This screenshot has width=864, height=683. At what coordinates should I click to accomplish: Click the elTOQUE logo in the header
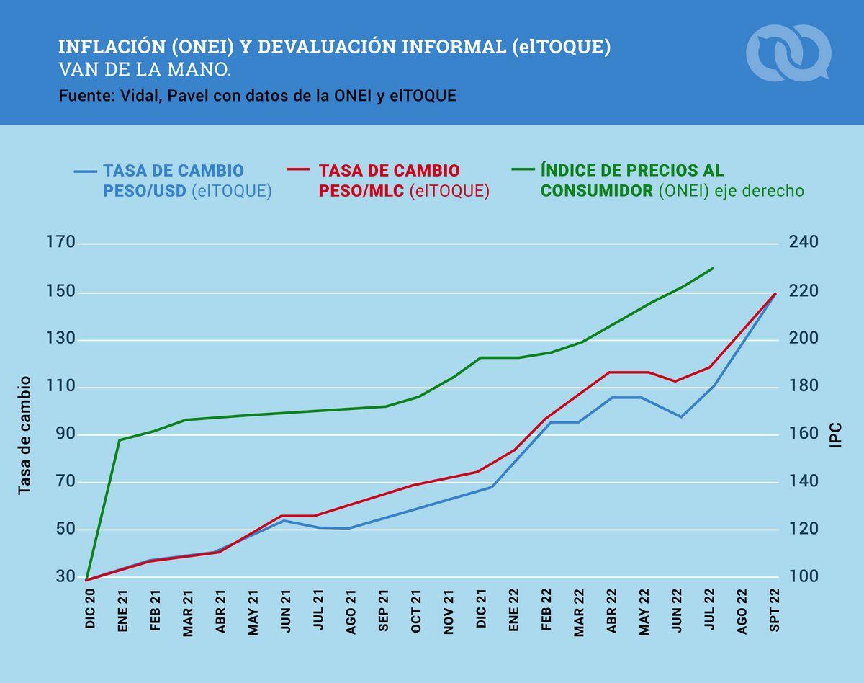[x=788, y=52]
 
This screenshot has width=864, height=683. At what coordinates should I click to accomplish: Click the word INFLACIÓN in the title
[x=101, y=48]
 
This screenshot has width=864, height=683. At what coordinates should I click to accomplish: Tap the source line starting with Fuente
[x=257, y=96]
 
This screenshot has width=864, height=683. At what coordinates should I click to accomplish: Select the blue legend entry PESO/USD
[x=173, y=181]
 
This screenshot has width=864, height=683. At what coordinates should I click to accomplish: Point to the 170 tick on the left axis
[x=60, y=243]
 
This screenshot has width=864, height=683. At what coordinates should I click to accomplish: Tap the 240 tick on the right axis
[x=804, y=243]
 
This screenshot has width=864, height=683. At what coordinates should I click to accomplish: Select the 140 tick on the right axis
[x=804, y=482]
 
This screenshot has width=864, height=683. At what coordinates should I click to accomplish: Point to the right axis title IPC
[x=836, y=435]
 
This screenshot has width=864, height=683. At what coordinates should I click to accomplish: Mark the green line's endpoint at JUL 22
[x=713, y=268]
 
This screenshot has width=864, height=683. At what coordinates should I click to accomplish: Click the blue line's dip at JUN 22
[x=681, y=416]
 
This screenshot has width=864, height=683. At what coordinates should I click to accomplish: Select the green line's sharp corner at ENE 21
[x=120, y=439]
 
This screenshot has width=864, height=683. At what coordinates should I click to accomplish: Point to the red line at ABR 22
[x=611, y=372]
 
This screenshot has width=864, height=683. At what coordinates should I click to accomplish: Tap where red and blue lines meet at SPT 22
[x=775, y=293]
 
